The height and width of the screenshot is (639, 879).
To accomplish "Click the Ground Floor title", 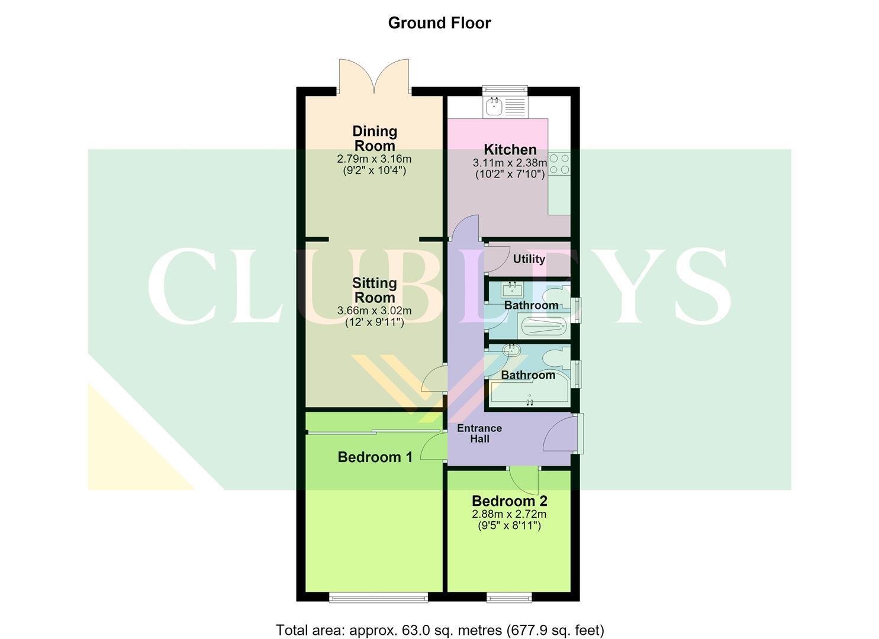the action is [439, 23].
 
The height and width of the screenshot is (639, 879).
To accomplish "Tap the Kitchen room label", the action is [510, 150].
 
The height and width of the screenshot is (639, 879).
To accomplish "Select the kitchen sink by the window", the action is [505, 106].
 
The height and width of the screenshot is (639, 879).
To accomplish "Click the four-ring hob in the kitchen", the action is [559, 164].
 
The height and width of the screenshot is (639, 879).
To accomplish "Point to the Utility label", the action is [529, 259].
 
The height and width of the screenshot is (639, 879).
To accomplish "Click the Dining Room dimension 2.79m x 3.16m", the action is [374, 159].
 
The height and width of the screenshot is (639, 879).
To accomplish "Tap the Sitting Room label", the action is [374, 290].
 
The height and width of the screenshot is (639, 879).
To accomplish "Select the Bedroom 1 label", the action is [375, 457].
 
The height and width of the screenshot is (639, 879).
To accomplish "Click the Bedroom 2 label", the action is [509, 501].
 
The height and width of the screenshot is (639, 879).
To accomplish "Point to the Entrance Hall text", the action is [479, 433].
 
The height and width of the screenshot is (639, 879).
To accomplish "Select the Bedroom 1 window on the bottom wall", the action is [378, 598].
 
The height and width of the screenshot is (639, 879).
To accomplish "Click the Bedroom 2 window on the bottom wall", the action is [509, 598].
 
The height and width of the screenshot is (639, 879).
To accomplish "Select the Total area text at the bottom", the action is [440, 619].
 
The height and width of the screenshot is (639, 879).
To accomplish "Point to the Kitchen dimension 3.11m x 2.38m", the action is [510, 162].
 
